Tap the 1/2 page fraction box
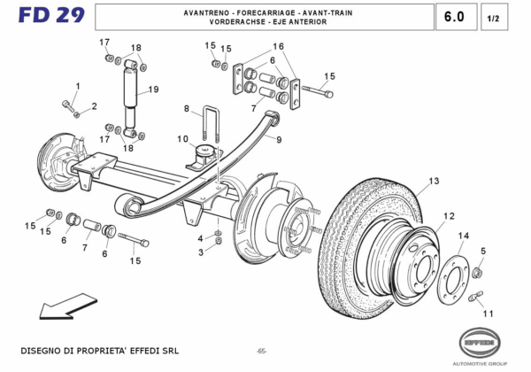(x=493, y=17)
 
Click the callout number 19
(x=153, y=89)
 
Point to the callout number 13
(x=434, y=182)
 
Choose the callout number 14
(x=463, y=236)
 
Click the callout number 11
(x=487, y=314)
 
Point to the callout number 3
(x=201, y=252)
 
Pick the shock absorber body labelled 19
(x=131, y=93)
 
